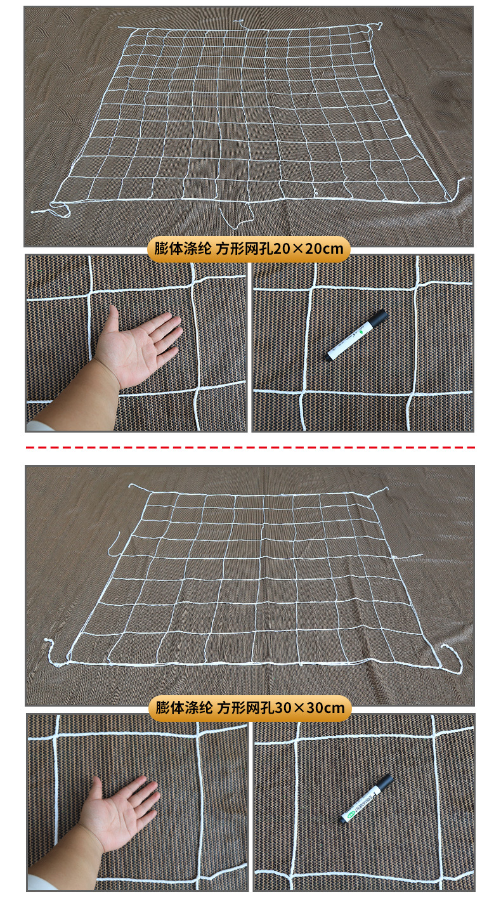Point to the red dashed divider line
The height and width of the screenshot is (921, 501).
coord(250,447)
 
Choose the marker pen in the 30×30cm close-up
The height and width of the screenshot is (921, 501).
coord(365,799)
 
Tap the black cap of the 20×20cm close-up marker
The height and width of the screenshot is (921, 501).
coord(378,318)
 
